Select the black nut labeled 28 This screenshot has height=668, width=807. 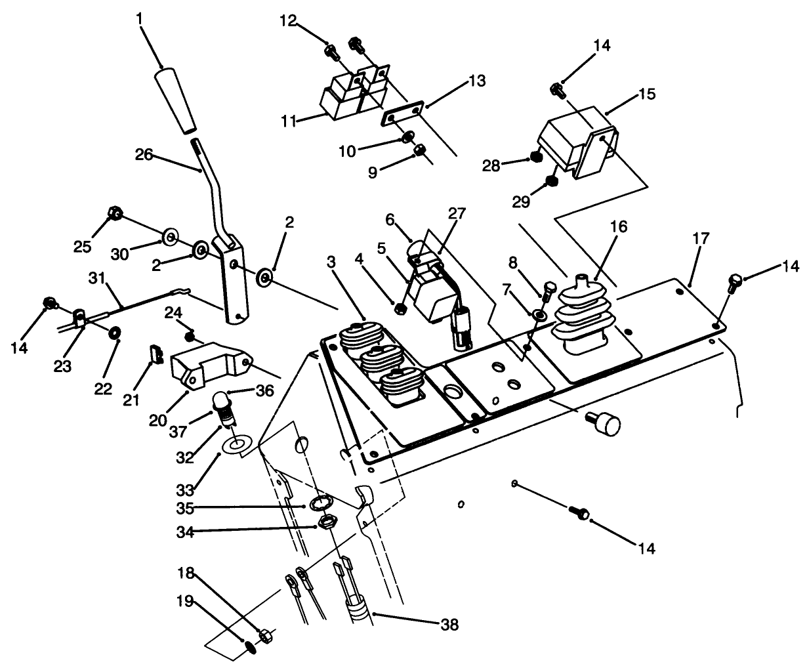click(x=535, y=157)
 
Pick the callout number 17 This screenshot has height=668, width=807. click(x=700, y=240)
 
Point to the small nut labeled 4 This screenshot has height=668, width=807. click(x=398, y=305)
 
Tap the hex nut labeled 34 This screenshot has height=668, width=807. click(x=326, y=523)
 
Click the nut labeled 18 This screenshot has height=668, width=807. click(x=265, y=635)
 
